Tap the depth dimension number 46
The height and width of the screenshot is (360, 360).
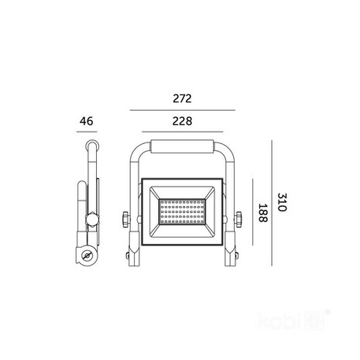[86, 122]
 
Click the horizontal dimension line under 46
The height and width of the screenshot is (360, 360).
[87, 132]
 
